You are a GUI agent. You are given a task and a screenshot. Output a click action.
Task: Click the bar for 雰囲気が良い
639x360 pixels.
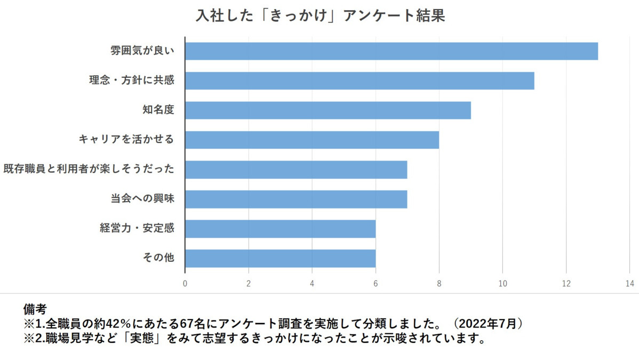pos(391,51)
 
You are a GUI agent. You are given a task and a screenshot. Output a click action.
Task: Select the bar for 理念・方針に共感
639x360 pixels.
pos(359,81)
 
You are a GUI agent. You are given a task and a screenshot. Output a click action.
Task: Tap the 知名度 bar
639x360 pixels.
pos(328,110)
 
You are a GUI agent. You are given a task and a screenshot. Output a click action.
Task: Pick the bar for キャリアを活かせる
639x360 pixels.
pos(311,140)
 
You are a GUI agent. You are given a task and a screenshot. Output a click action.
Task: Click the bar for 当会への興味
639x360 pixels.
pos(295,199)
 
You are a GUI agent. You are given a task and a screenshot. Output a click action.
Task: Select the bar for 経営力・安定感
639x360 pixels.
pos(280,229)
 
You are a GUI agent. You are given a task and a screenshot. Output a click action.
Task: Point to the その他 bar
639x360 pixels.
pos(280,258)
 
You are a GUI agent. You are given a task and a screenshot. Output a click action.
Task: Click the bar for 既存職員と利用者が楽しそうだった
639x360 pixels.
pos(295,170)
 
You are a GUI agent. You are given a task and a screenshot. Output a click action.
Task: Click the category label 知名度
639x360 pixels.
pos(158,110)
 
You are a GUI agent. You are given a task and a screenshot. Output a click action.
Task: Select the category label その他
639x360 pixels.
pos(158,258)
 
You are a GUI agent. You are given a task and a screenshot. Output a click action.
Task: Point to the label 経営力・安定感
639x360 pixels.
pos(137,229)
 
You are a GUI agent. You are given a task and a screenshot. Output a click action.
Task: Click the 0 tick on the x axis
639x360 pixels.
pos(185,283)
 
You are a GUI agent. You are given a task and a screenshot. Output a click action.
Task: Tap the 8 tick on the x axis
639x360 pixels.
pos(439,283)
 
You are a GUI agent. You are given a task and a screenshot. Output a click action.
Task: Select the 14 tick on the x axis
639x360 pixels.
pos(630,283)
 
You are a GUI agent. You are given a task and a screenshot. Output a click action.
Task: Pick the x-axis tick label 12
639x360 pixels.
pos(566,283)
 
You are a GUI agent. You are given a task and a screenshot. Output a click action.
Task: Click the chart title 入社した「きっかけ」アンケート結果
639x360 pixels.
pos(320,15)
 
